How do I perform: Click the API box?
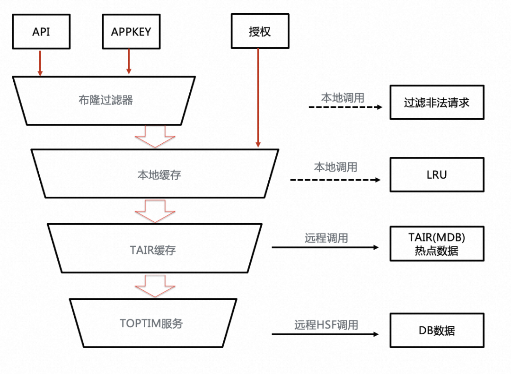click(41, 32)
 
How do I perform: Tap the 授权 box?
click(260, 32)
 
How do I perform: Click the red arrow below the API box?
click(40, 61)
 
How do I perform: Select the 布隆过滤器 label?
click(106, 100)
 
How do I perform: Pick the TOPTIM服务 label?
click(151, 324)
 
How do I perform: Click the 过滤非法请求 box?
click(437, 102)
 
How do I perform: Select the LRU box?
click(437, 175)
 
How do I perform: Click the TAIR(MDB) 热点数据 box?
click(437, 243)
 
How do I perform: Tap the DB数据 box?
click(437, 330)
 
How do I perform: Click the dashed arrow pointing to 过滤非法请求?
click(345, 107)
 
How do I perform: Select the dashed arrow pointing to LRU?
click(335, 180)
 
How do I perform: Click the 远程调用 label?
click(326, 238)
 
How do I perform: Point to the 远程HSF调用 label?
click(326, 325)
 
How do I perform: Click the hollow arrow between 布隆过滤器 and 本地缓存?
click(155, 137)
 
